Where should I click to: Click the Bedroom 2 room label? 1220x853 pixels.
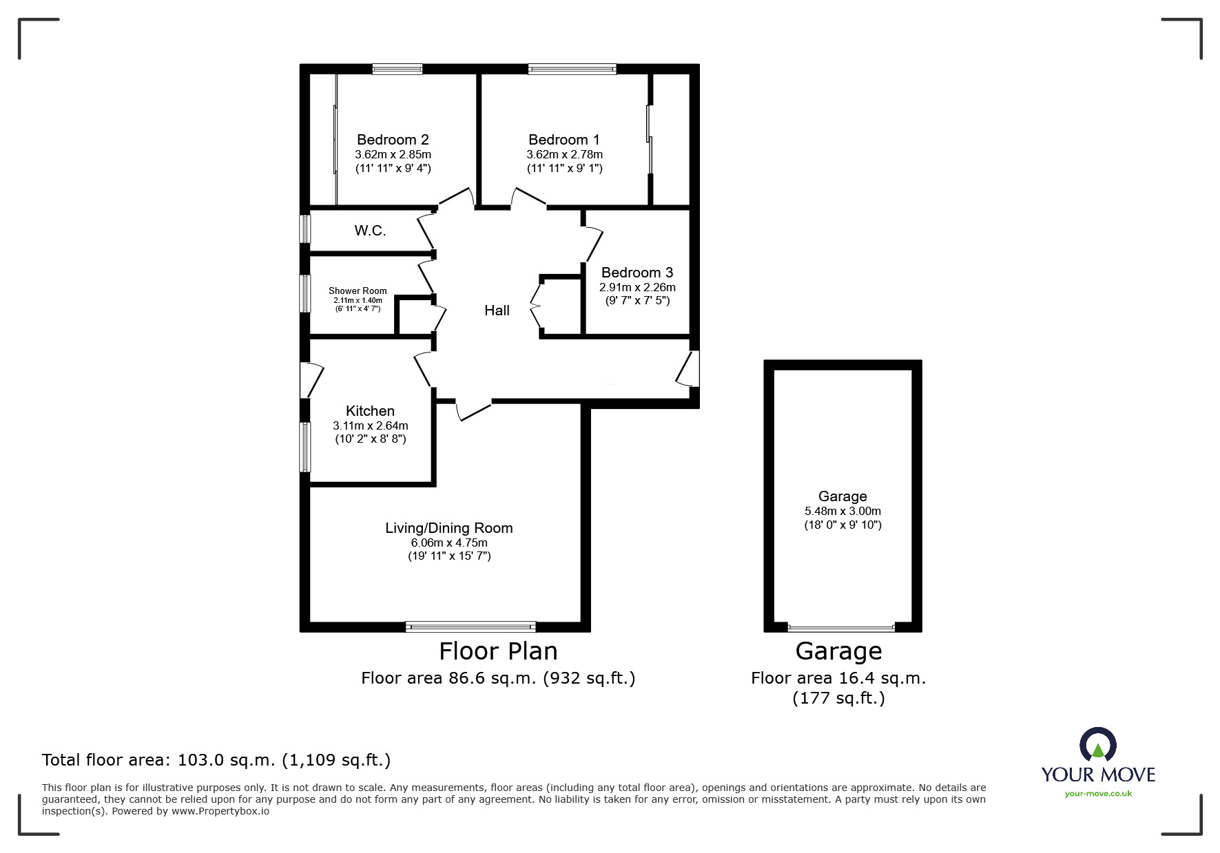(393, 140)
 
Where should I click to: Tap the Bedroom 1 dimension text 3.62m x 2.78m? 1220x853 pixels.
(564, 155)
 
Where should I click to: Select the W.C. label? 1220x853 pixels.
(371, 231)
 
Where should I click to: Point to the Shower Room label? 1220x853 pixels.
(358, 291)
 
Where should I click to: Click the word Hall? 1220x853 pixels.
(497, 310)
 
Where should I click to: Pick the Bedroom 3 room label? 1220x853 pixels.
(637, 273)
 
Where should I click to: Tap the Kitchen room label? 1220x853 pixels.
(370, 411)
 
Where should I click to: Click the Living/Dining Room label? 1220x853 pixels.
(449, 528)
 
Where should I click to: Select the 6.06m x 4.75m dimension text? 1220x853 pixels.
(449, 543)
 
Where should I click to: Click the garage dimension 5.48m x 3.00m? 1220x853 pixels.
(842, 511)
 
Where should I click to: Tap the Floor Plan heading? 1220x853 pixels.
(498, 651)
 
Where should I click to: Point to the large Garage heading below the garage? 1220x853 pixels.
(838, 651)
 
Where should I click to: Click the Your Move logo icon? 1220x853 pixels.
(1097, 745)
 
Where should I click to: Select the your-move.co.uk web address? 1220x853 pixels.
(1098, 794)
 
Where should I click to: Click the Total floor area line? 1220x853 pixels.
(216, 760)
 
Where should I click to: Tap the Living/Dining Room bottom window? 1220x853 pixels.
(471, 626)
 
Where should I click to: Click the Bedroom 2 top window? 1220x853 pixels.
(397, 69)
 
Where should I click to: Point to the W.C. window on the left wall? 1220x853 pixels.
(304, 229)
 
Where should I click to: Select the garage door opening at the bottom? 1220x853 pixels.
(841, 628)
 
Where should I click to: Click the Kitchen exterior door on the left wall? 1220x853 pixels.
(311, 380)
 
